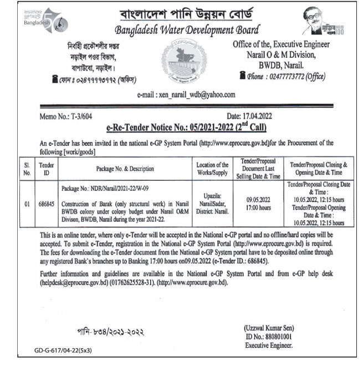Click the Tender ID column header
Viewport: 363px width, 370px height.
[46, 168]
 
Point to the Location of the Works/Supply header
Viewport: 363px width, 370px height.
[213, 168]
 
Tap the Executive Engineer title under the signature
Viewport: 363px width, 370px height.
[269, 345]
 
